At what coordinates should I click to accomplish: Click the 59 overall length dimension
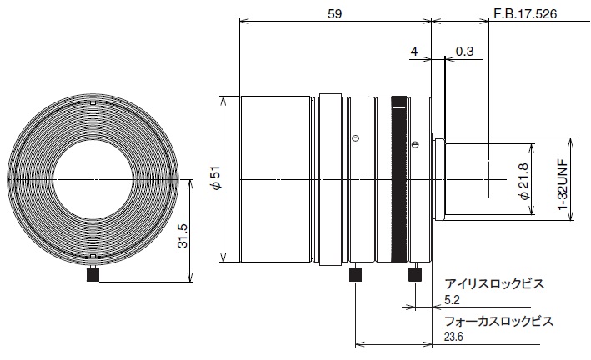click(x=334, y=14)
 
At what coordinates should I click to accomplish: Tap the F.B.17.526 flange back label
click(x=525, y=14)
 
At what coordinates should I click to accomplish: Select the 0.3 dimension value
click(x=464, y=52)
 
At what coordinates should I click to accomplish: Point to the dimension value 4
click(x=414, y=52)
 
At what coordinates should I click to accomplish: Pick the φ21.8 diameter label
click(x=524, y=179)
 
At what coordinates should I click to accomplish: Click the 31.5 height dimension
click(x=183, y=236)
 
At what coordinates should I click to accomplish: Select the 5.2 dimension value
click(x=452, y=300)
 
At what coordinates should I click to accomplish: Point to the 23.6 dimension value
click(x=453, y=337)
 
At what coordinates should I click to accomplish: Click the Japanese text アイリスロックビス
click(x=494, y=283)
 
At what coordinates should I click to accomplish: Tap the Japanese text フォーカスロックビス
click(x=499, y=322)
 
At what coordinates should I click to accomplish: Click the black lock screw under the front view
click(x=93, y=275)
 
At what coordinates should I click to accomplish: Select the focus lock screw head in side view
click(x=356, y=275)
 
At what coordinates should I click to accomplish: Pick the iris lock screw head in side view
click(x=414, y=275)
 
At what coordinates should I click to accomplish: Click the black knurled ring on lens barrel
click(x=399, y=179)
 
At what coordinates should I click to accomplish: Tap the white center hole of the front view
click(x=93, y=180)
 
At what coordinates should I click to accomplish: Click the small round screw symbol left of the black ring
click(x=355, y=138)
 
